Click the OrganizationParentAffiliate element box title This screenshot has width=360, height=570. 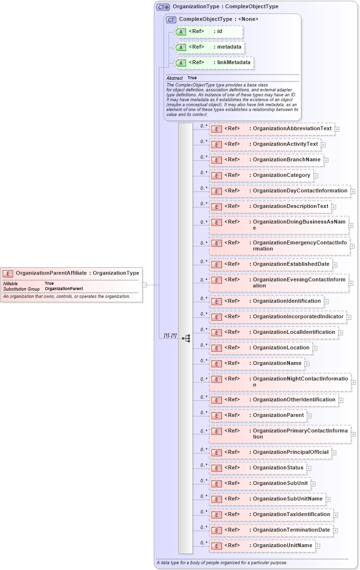pos(77,273)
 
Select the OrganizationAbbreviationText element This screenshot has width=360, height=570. pos(272,129)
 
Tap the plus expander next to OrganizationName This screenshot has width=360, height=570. pos(307,363)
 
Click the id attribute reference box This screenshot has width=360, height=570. pos(208,32)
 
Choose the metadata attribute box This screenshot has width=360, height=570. pos(209,47)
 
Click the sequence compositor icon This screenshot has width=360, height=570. pos(186,338)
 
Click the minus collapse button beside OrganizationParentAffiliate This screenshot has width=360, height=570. pos(144,285)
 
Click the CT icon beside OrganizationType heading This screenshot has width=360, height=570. pos(163,7)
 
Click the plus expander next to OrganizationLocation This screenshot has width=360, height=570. pos(315,348)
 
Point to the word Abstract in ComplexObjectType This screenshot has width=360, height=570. pos(174,78)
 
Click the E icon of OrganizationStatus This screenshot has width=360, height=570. pos(217,468)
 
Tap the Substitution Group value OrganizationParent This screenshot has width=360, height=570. pos(64,289)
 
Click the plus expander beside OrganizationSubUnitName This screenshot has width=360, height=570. pos(328,499)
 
